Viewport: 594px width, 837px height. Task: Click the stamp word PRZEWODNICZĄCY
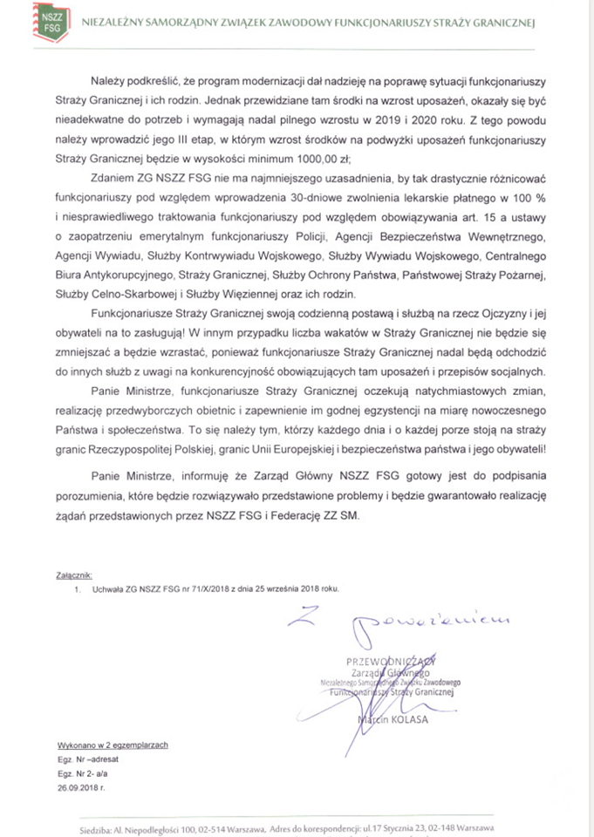[390, 661]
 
